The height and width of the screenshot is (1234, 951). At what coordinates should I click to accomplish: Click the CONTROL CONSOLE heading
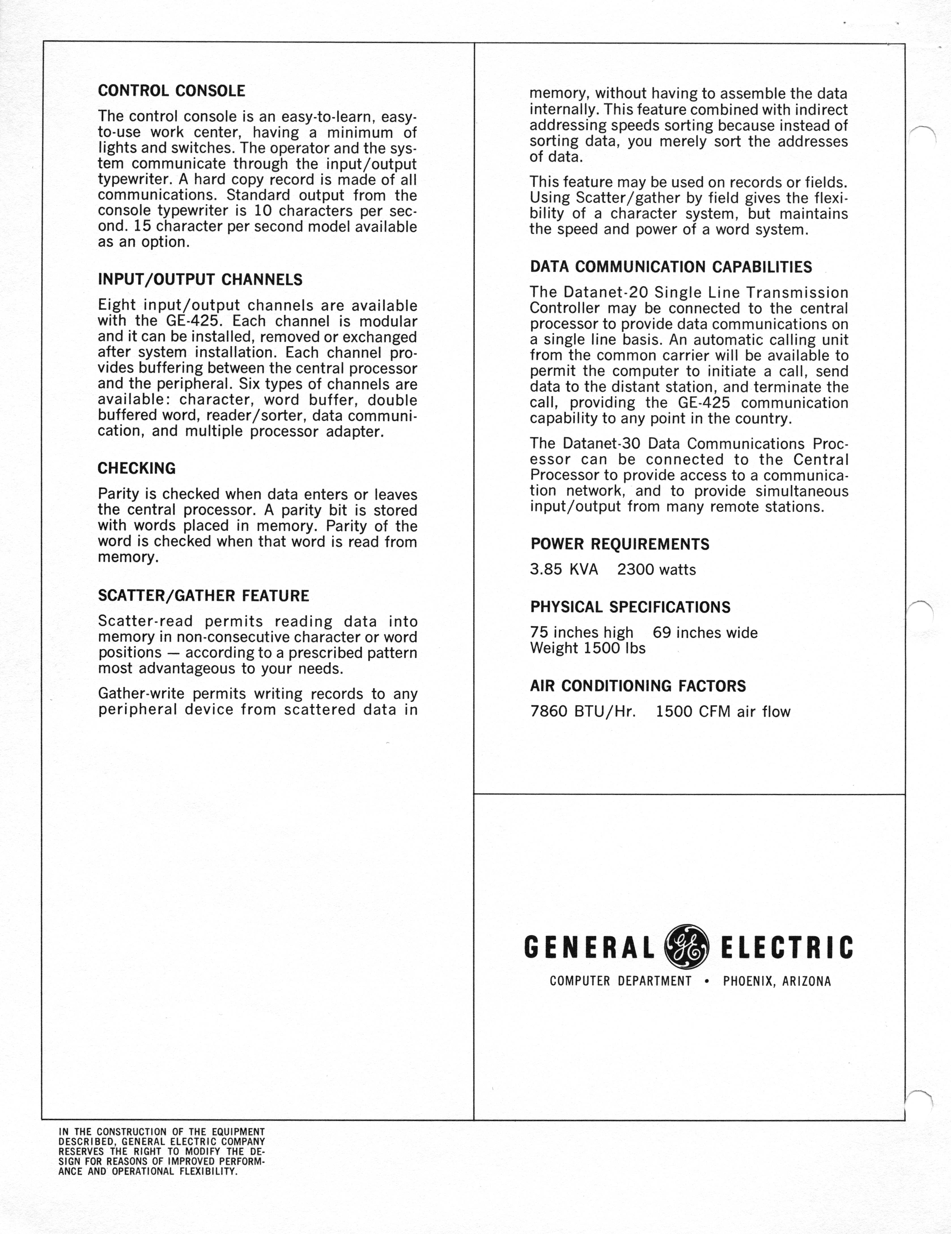171,91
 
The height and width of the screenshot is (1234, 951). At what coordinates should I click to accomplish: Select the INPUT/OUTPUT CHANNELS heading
200,280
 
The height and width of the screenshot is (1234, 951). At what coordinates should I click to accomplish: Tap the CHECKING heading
137,468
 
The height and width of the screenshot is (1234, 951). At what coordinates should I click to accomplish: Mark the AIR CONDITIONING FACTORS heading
638,686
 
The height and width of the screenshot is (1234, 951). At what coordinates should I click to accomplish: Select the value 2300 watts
657,570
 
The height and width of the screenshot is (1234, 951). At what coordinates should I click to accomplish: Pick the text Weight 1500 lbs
588,648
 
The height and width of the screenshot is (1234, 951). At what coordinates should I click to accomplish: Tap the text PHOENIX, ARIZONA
777,982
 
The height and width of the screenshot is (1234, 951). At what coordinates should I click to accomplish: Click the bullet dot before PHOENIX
707,982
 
